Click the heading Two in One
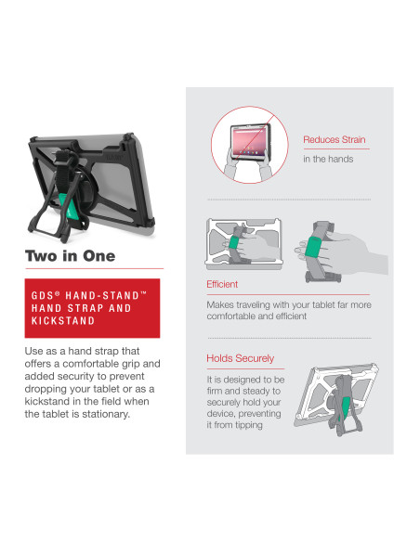point(71,256)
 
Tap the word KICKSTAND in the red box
point(63,321)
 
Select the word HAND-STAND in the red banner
point(102,295)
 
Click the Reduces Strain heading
point(335,139)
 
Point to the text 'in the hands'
point(328,159)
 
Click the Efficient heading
point(222,284)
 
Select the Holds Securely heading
point(240,358)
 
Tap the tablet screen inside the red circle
point(251,141)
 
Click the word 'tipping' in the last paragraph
point(249,425)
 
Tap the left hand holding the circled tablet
point(232,165)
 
